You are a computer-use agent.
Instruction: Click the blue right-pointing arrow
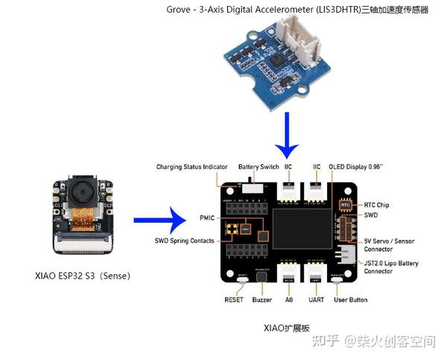159,220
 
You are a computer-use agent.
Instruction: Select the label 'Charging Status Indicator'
191,166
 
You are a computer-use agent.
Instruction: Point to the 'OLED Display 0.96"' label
357,166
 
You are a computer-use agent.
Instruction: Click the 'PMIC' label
207,218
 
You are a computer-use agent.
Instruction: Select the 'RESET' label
234,300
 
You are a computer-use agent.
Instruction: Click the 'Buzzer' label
261,300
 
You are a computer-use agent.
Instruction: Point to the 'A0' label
289,300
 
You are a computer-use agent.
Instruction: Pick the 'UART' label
317,300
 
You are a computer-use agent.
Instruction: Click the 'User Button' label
351,300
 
